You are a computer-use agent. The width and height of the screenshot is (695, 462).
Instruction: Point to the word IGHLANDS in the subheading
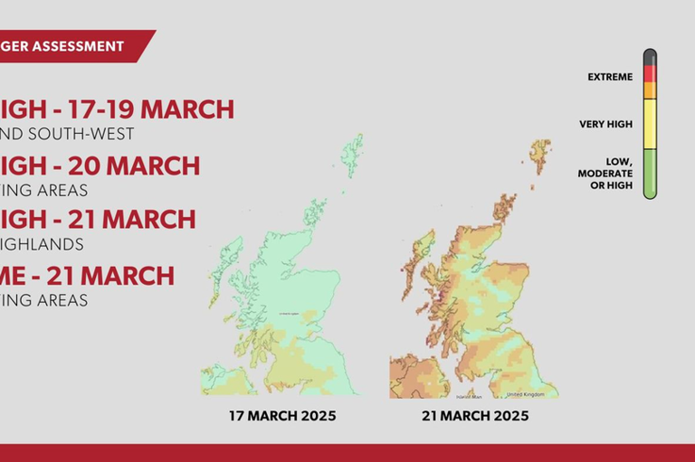[x=42, y=244]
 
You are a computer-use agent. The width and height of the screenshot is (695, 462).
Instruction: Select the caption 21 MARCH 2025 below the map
[x=474, y=417]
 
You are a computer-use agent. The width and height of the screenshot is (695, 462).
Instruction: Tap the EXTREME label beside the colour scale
[x=610, y=77]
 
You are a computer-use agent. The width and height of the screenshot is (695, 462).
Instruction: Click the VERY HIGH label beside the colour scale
[x=606, y=124]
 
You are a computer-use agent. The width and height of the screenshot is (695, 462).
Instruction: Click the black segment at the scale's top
[x=650, y=57]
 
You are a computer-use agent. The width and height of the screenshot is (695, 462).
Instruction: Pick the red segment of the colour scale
[x=650, y=72]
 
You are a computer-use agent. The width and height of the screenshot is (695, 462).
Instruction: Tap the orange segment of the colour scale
[x=650, y=90]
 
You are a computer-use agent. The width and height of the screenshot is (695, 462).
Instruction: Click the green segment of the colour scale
[x=650, y=174]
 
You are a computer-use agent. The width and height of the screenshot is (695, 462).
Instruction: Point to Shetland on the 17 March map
[x=352, y=155]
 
